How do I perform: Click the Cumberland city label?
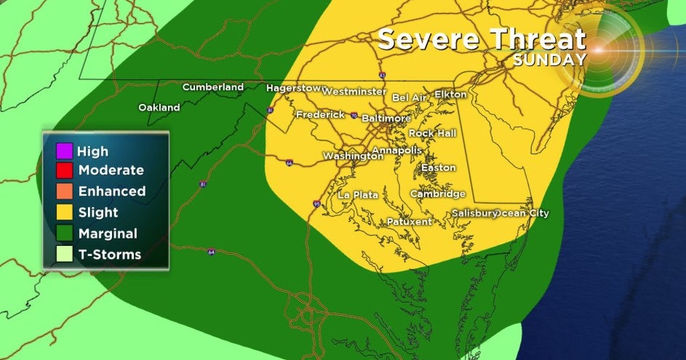[x=212, y=87]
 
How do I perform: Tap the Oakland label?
[x=159, y=108]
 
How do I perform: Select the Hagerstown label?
[x=293, y=88]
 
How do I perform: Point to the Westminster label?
[x=354, y=92]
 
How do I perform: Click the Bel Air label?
[x=410, y=97]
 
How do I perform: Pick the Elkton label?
[x=450, y=95]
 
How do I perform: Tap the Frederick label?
[x=320, y=115]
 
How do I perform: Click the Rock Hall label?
[x=432, y=134]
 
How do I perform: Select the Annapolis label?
[x=396, y=151]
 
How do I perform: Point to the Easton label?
[x=438, y=168]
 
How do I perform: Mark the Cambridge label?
[x=437, y=194]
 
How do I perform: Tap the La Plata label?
[x=355, y=195]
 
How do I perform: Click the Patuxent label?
[x=409, y=222]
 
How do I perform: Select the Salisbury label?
[x=474, y=213]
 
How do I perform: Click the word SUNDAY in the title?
[x=549, y=60]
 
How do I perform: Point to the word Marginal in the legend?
[x=108, y=233]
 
